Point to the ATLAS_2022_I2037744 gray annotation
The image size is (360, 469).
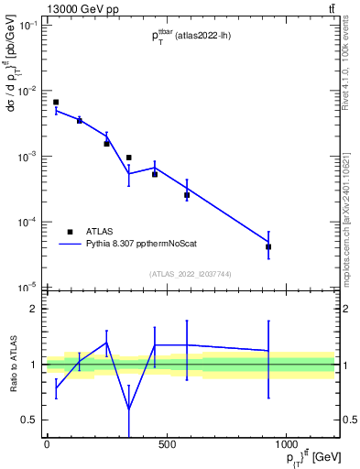point(191,273)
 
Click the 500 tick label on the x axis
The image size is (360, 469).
point(166,445)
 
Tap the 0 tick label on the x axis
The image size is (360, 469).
point(47,445)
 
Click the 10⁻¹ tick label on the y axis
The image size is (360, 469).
point(27,26)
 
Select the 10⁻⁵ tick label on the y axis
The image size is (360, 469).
point(27,287)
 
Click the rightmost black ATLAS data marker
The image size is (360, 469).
point(268,246)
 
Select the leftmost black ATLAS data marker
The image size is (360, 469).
point(56,103)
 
